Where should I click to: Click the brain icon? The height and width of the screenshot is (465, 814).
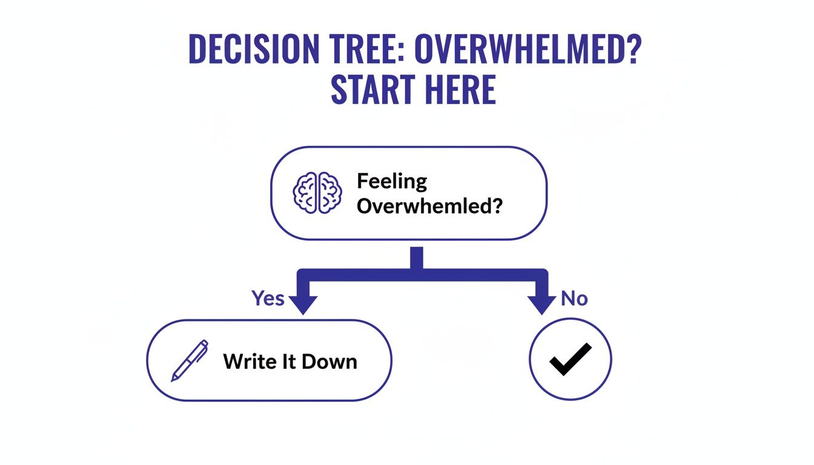tap(317, 193)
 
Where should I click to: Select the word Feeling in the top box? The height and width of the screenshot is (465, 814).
tap(392, 181)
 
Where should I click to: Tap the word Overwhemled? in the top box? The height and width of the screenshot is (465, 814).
tap(429, 206)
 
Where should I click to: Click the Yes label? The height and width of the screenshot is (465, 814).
tap(268, 298)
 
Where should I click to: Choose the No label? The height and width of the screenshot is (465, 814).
tap(574, 298)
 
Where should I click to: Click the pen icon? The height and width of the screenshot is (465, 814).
tap(189, 361)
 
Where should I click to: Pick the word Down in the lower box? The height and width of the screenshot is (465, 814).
tap(329, 361)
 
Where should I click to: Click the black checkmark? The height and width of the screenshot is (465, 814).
tap(570, 360)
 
